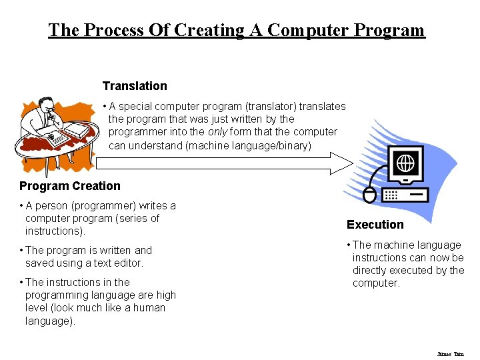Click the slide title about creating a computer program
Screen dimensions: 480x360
tap(236, 30)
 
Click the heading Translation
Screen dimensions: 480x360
tap(135, 86)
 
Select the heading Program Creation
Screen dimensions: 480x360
tap(70, 186)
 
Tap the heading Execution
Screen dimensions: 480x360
tap(375, 225)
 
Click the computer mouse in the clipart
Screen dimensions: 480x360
tap(370, 195)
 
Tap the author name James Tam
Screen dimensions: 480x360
tap(451, 354)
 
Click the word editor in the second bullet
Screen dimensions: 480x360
tap(128, 263)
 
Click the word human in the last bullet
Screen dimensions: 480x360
tap(163, 308)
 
